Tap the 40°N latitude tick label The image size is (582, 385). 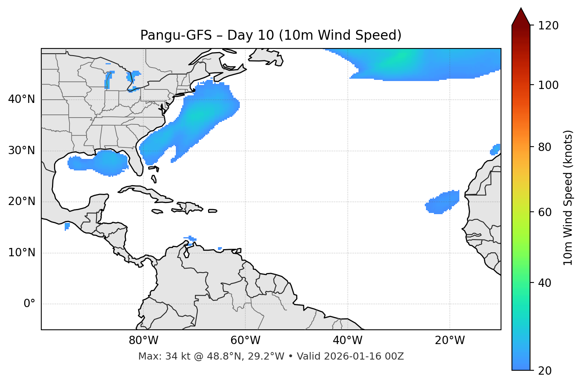coord(21,99)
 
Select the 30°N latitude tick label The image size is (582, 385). coord(21,151)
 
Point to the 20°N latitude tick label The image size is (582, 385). coord(21,201)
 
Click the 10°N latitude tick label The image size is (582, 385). coord(21,253)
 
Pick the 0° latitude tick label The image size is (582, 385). coord(29,304)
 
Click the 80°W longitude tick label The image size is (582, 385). coord(143,341)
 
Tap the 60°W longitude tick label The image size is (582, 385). coord(245,341)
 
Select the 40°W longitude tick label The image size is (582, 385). coord(347,341)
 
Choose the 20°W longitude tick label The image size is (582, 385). coord(449,341)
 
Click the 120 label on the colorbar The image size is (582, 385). coord(548,26)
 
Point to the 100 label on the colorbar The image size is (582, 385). coord(548,85)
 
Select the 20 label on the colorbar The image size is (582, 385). coord(545,371)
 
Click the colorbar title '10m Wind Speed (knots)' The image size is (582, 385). coord(568,197)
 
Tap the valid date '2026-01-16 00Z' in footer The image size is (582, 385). coord(364,356)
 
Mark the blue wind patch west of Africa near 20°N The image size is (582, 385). coord(443,202)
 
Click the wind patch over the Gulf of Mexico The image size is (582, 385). coord(99,162)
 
